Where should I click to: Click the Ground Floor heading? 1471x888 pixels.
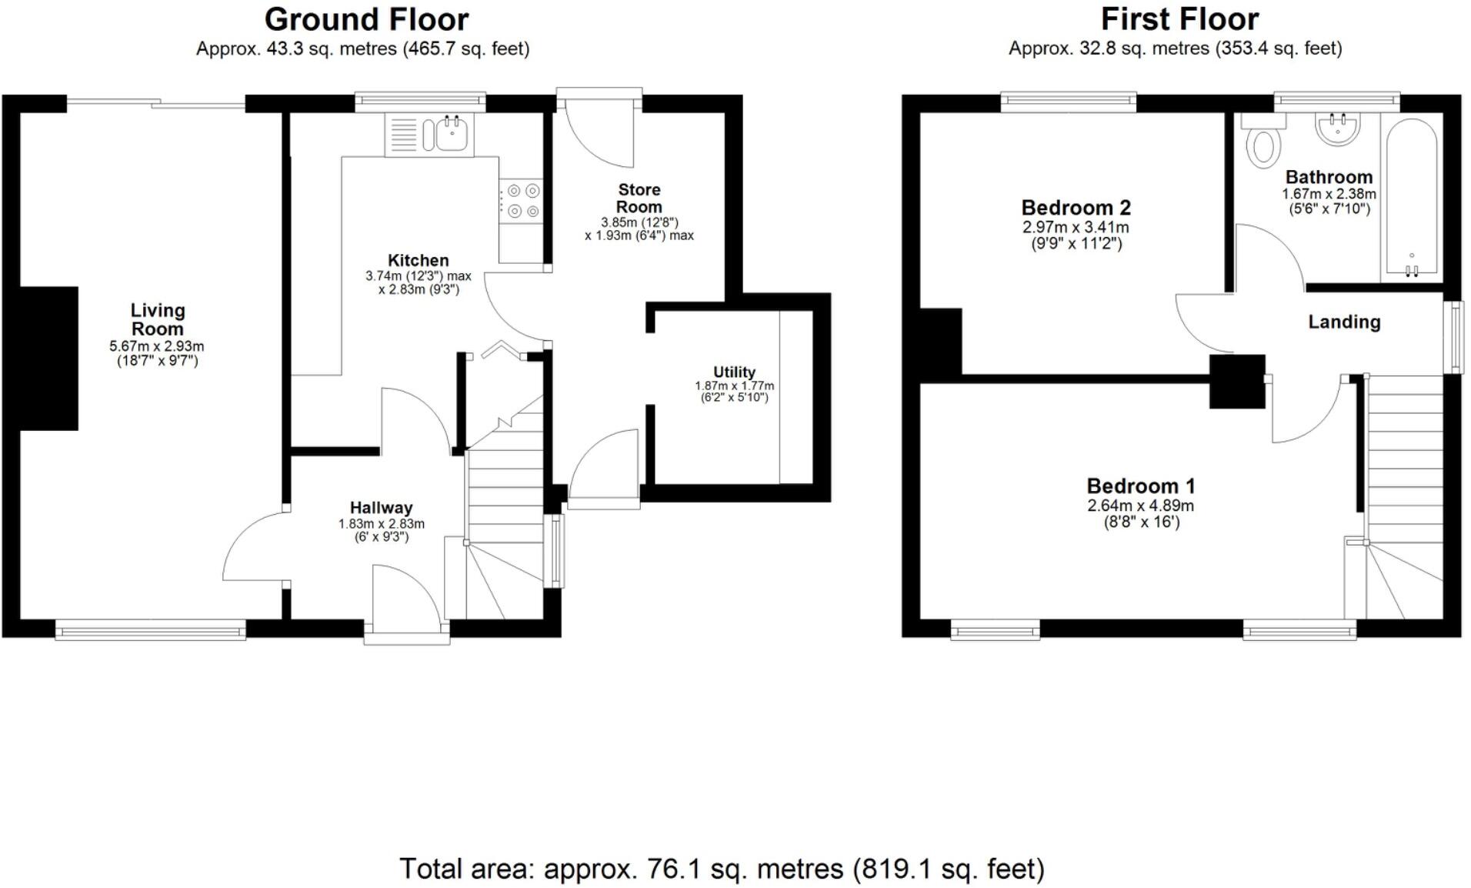click(366, 19)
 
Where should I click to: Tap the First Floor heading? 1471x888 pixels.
click(1179, 19)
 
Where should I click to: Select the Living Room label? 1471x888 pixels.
click(158, 319)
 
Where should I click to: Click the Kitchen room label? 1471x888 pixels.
click(418, 260)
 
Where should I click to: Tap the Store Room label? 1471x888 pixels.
click(639, 198)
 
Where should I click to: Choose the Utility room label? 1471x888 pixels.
click(734, 372)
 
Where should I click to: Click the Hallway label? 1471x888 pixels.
click(381, 508)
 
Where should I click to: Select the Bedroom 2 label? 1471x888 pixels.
click(1076, 208)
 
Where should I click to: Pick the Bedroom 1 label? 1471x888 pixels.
click(1140, 486)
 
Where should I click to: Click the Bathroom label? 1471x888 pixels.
click(1329, 177)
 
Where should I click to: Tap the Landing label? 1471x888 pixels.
click(1344, 322)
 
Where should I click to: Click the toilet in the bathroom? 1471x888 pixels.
click(1263, 146)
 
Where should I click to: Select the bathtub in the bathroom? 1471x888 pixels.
click(1412, 196)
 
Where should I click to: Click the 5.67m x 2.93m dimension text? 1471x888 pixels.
click(157, 347)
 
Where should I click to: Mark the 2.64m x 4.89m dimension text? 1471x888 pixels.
click(1140, 506)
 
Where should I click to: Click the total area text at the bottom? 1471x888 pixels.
click(722, 869)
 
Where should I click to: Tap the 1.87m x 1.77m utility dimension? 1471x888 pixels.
click(734, 386)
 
